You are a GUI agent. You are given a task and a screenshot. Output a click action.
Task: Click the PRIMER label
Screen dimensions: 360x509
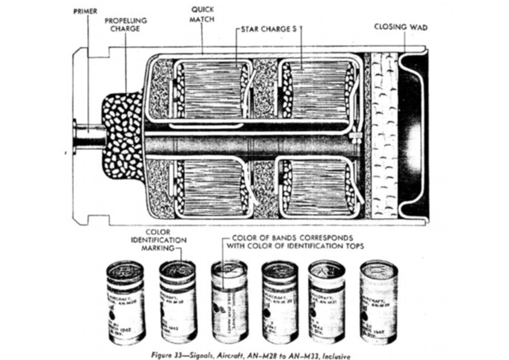point(85,11)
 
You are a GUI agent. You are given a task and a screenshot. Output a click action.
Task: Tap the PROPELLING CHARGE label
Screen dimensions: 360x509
point(125,24)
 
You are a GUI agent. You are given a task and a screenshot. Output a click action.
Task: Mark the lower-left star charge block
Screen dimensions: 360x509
point(211,188)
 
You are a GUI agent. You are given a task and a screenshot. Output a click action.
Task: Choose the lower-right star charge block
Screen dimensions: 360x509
point(317,188)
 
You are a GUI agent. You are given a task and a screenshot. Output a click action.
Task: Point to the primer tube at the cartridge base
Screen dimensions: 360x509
point(88,137)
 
